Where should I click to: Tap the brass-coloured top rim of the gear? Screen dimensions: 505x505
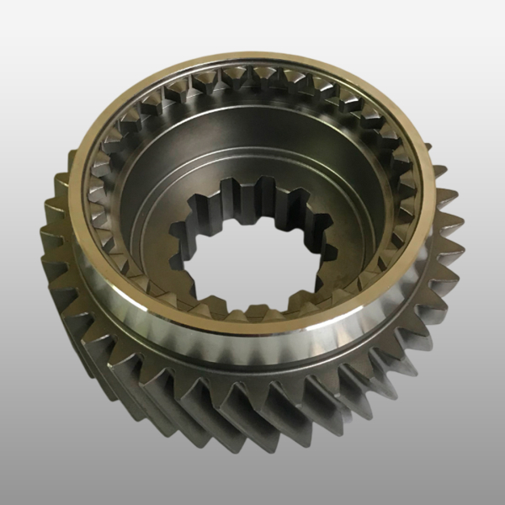coord(252,65)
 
